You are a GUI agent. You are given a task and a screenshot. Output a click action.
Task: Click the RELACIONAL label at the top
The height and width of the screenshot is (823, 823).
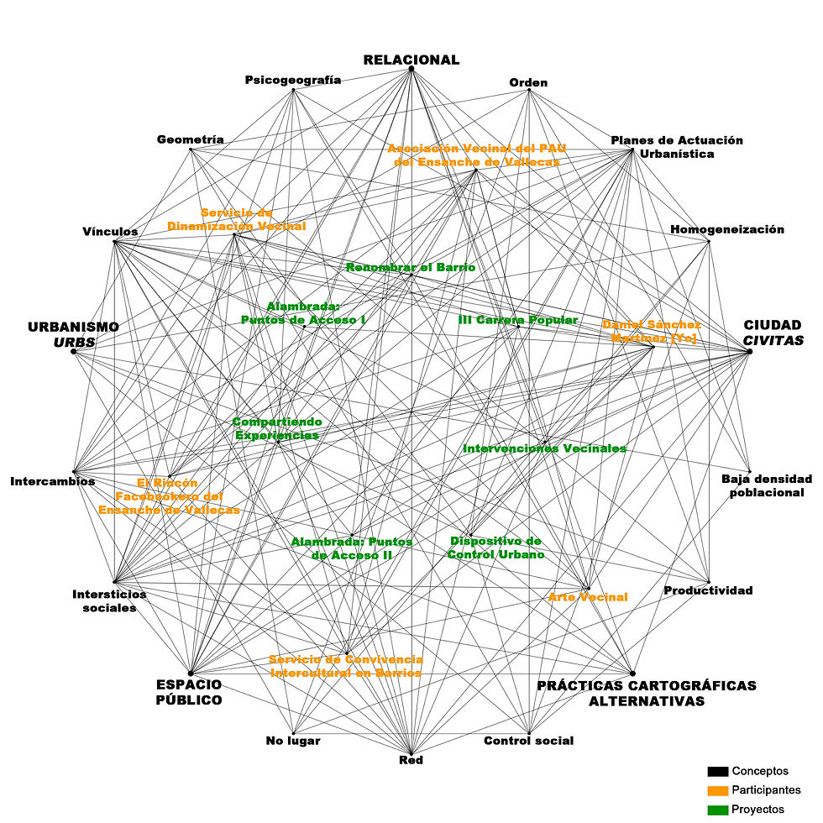coord(411,60)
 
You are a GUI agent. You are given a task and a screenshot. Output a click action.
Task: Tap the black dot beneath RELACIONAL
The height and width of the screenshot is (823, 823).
coord(411,69)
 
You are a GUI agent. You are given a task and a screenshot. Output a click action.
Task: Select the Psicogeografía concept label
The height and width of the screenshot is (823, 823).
coord(293,80)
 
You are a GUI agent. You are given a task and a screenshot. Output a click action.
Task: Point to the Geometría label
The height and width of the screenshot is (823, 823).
coord(191,139)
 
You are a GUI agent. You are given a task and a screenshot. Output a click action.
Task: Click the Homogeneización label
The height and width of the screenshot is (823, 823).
coord(727,229)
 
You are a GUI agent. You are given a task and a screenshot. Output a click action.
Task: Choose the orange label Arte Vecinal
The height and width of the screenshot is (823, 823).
coord(588,597)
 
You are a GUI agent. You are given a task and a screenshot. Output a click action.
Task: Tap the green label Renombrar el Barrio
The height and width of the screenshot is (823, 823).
coord(411,267)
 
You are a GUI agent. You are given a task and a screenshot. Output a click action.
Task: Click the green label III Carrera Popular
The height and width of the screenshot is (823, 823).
coord(517,320)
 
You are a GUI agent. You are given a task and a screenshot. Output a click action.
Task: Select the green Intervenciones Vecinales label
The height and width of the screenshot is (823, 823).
coord(544,448)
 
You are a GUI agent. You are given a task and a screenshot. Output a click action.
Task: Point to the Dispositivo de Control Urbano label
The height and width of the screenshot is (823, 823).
coord(495,548)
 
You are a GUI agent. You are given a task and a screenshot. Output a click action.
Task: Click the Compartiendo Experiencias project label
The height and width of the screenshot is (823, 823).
coord(277,428)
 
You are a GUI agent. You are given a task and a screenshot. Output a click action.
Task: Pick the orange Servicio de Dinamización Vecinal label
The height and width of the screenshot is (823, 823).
coord(236,219)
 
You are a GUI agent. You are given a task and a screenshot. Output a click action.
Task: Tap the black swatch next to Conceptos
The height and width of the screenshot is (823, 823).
coord(717,771)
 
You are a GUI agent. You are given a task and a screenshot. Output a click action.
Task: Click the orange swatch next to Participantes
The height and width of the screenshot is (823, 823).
coord(717,790)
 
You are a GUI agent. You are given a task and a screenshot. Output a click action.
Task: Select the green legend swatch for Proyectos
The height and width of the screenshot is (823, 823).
coord(717,810)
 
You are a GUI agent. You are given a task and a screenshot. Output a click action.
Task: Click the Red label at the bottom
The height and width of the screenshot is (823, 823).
coord(411,760)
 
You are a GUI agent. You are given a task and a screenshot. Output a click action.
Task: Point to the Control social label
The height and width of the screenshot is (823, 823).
coord(529,741)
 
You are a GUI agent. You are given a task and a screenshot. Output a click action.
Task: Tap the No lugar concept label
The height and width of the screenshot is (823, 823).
coord(293,741)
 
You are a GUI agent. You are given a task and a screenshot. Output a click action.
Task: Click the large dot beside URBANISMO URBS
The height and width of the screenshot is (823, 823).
coord(74,352)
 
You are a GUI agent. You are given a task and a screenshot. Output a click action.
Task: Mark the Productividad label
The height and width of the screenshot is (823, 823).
coord(709,590)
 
